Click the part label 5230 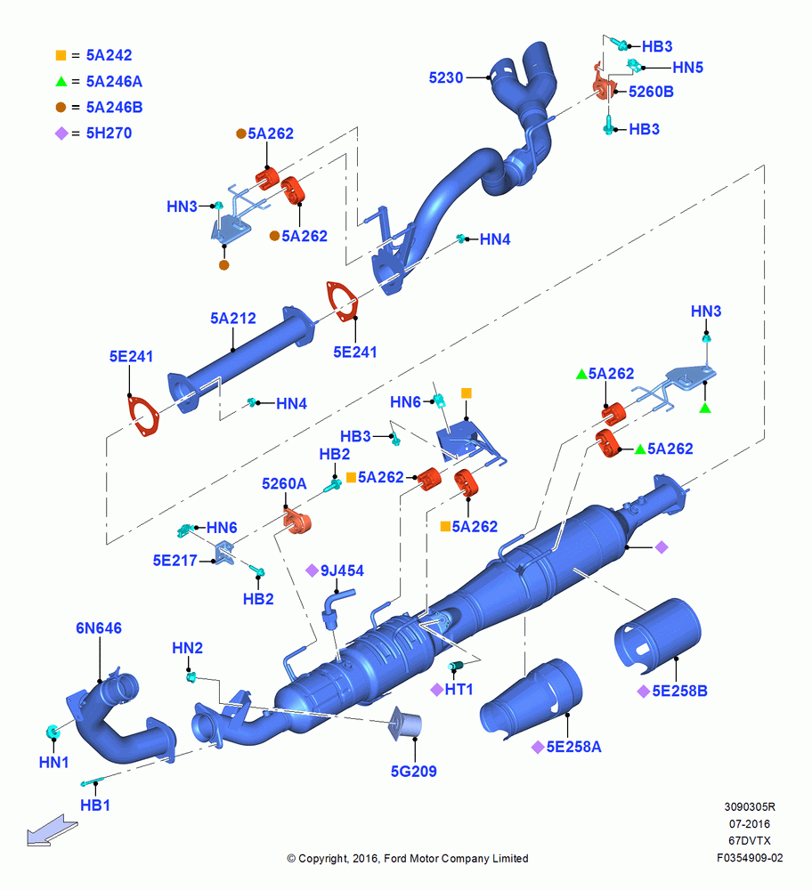pos(446,77)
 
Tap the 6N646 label pos(99,627)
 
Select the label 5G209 pos(413,772)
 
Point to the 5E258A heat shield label pos(573,747)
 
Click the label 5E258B pos(679,691)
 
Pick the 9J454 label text pos(342,570)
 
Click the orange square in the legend pos(61,55)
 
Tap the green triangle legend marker pos(61,81)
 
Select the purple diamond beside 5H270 pos(61,133)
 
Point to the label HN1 pos(53,763)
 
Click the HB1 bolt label pos(95,805)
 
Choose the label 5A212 pos(232,318)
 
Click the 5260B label pos(651,92)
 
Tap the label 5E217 pos(175,561)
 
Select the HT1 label pos(459,689)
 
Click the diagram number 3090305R pos(750,806)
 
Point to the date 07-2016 pos(750,823)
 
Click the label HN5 pos(687,68)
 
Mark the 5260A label pos(284,483)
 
